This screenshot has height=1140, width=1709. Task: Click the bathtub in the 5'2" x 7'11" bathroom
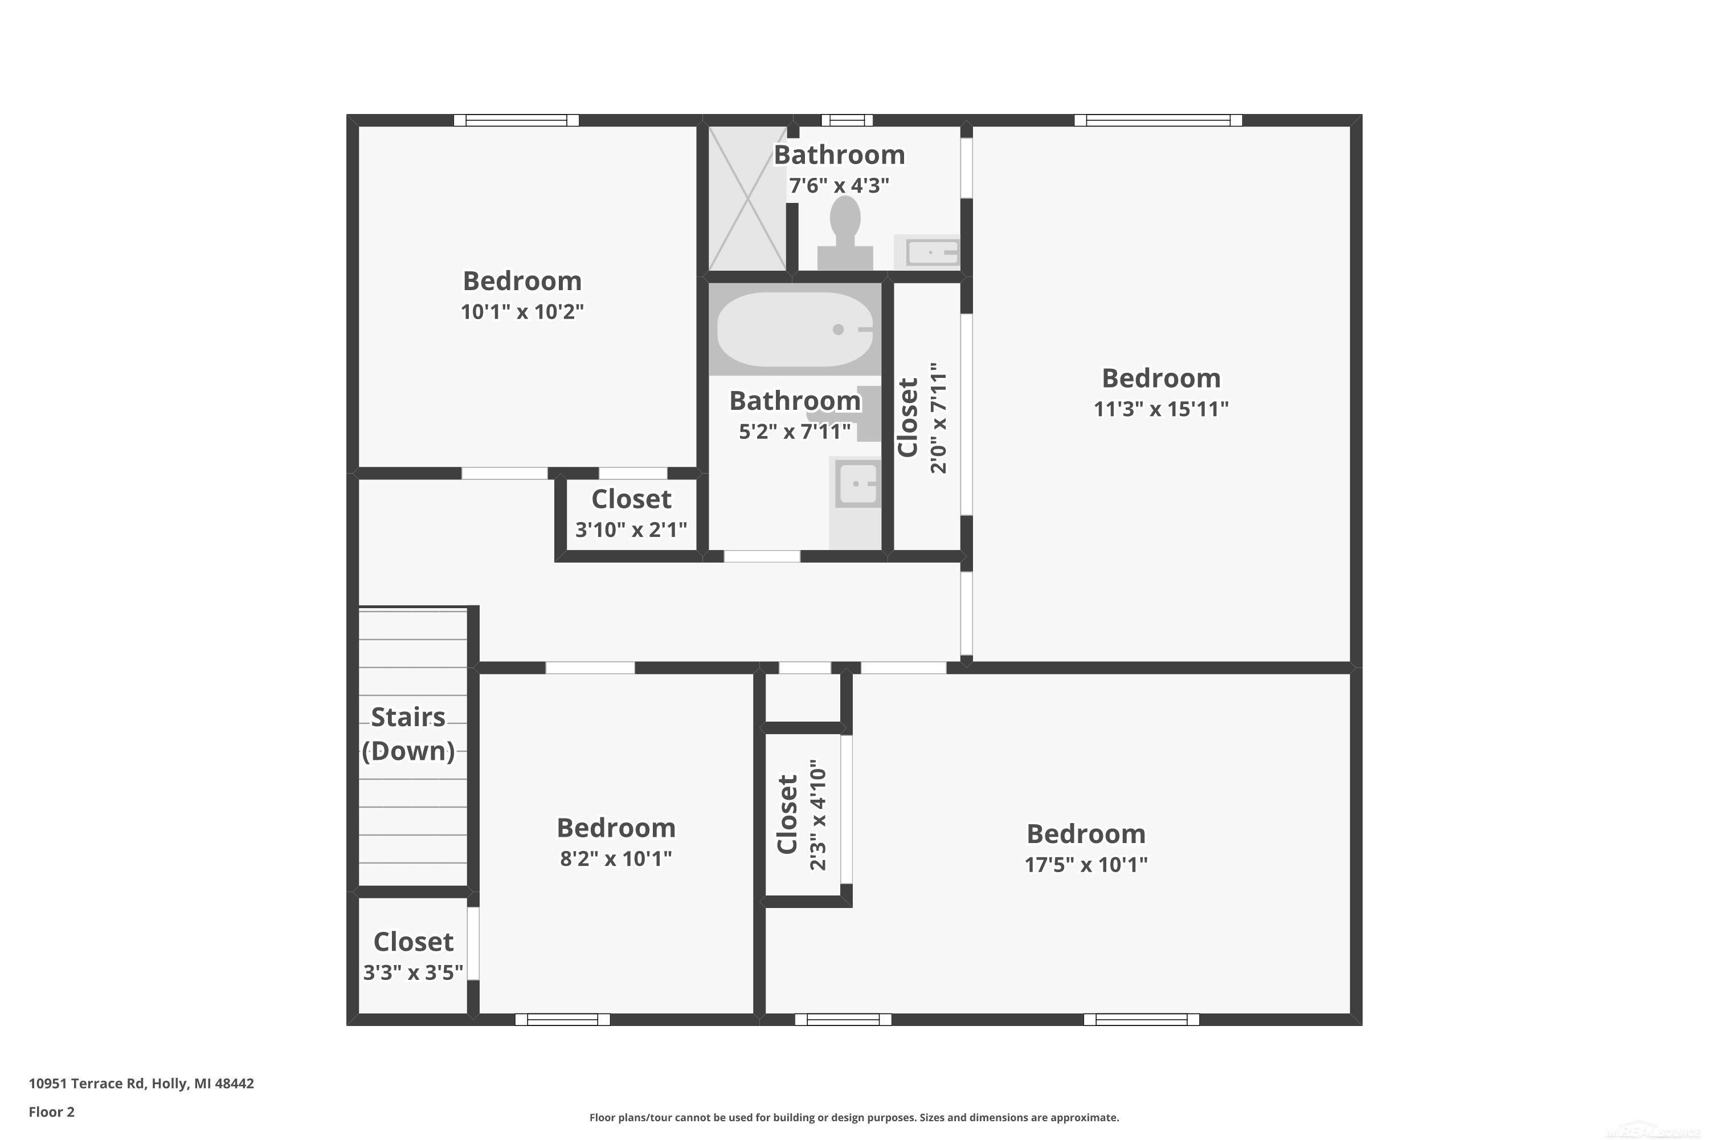795,329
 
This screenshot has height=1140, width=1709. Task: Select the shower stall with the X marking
747,198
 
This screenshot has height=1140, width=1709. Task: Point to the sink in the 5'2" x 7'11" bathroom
857,483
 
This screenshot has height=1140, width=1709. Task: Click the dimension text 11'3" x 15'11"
1161,409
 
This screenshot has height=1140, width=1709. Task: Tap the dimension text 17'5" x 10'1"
1086,865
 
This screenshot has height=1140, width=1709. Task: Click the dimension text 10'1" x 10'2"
522,312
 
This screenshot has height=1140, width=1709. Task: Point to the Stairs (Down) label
408,734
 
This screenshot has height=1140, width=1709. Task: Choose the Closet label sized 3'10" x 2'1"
631,499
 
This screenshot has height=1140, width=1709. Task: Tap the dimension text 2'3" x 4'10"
818,815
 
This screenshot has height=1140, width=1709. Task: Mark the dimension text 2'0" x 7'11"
939,418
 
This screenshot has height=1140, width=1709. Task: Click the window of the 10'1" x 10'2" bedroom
517,120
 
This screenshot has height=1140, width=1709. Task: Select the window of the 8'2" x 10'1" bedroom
562,1019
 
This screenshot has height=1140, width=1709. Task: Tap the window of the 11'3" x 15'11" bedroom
1158,120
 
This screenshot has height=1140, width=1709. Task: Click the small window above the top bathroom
847,120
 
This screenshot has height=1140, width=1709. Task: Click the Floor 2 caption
52,1111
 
